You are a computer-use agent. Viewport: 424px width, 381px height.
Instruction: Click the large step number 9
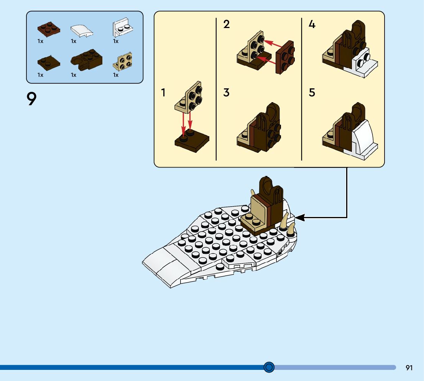(32, 99)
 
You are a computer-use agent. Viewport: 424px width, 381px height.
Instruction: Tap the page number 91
(409, 368)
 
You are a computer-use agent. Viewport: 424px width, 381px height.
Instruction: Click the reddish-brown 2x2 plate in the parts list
(49, 29)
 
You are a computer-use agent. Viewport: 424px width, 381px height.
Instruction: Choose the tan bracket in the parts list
(123, 61)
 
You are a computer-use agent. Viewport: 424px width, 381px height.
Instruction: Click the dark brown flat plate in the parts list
(49, 62)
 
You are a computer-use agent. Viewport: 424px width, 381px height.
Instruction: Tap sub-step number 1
(163, 93)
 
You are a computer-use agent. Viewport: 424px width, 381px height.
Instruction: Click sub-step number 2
(227, 25)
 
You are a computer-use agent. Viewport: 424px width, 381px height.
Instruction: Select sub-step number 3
(227, 93)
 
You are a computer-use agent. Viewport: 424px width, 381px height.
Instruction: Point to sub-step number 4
(312, 25)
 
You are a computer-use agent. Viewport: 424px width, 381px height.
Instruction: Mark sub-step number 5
(312, 93)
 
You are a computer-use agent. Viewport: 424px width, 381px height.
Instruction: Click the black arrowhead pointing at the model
(300, 218)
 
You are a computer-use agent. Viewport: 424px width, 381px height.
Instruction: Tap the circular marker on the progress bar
(269, 368)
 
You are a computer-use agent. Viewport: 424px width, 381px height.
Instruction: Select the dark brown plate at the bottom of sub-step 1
(192, 141)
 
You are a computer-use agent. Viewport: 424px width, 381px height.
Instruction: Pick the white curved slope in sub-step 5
(362, 138)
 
